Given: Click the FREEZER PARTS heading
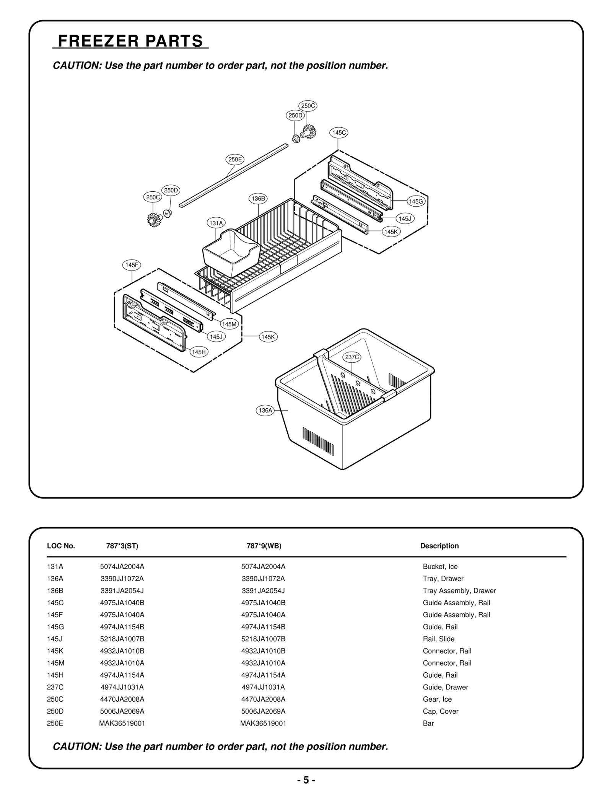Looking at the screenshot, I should click(130, 41).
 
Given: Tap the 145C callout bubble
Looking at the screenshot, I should click(339, 133).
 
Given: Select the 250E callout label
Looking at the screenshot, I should click(234, 160).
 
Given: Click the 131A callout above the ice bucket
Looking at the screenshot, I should click(216, 223).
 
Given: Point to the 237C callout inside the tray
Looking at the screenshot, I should click(352, 357).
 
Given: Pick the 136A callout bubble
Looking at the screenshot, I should click(265, 411).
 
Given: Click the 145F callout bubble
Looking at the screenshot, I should click(132, 265).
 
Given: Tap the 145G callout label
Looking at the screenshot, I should click(416, 201).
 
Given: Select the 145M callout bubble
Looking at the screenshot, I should click(229, 324).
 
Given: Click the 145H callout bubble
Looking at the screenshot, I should click(199, 352).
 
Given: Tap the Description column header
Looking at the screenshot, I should click(439, 546).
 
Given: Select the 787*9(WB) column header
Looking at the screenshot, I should click(264, 546).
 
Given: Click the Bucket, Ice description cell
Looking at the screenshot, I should click(440, 567).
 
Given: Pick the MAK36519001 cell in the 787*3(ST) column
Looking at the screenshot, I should click(122, 724).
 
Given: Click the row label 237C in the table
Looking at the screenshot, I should click(55, 687).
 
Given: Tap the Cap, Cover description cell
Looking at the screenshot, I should click(440, 711).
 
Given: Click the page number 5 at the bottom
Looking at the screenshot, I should click(306, 780).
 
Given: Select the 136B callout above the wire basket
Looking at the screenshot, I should click(258, 199).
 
